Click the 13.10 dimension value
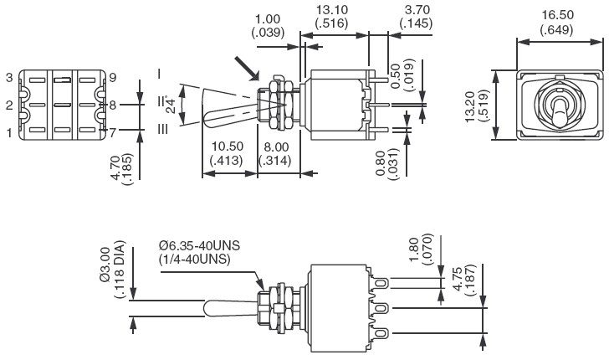pyautogui.click(x=331, y=10)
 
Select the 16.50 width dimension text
pyautogui.click(x=558, y=15)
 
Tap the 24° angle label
pyautogui.click(x=171, y=104)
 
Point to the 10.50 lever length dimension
pyautogui.click(x=228, y=147)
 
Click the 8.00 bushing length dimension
pyautogui.click(x=276, y=147)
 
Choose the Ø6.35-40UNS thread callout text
pyautogui.click(x=199, y=245)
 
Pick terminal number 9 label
pyautogui.click(x=113, y=78)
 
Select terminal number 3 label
pyautogui.click(x=9, y=78)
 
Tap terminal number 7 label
pyautogui.click(x=113, y=133)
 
